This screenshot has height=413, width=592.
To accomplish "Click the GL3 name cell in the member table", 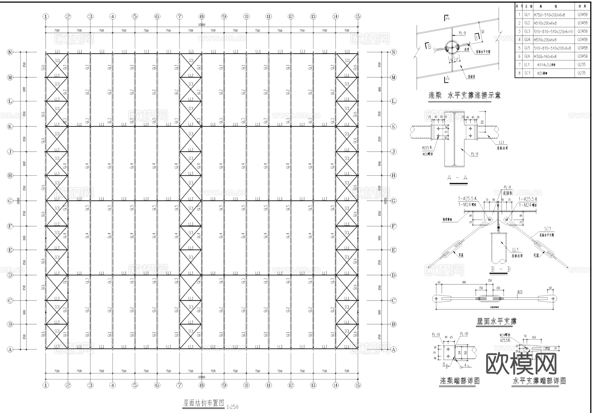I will click(x=527, y=31).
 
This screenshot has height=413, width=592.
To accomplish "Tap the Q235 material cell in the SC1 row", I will click(x=581, y=73).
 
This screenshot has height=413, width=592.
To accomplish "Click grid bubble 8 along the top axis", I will click(x=202, y=16).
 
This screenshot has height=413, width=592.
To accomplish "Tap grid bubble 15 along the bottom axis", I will click(x=358, y=385).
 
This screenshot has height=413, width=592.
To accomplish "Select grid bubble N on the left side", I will click(x=10, y=52).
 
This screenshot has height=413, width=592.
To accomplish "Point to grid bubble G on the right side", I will click(x=394, y=201).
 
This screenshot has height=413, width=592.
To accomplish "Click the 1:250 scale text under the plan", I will click(x=232, y=407).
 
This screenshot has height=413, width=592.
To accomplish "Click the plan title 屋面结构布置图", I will click(x=203, y=403).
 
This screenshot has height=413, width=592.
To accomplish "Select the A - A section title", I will click(x=457, y=178).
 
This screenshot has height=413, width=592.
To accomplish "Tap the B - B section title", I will click(x=501, y=269).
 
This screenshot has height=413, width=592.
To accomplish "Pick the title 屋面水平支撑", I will click(x=496, y=321).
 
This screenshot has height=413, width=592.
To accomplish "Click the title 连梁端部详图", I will click(x=460, y=381).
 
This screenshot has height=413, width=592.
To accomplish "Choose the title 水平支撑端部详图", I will click(x=539, y=381).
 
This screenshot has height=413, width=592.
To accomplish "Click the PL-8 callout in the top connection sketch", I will click(x=462, y=33).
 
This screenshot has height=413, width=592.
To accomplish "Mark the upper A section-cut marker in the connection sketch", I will click(x=447, y=18).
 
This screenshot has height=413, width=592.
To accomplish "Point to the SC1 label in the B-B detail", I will click(x=547, y=229).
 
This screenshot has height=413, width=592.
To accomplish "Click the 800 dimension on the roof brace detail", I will click(x=464, y=282).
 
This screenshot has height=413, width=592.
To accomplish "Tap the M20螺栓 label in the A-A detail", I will click(x=428, y=154).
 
